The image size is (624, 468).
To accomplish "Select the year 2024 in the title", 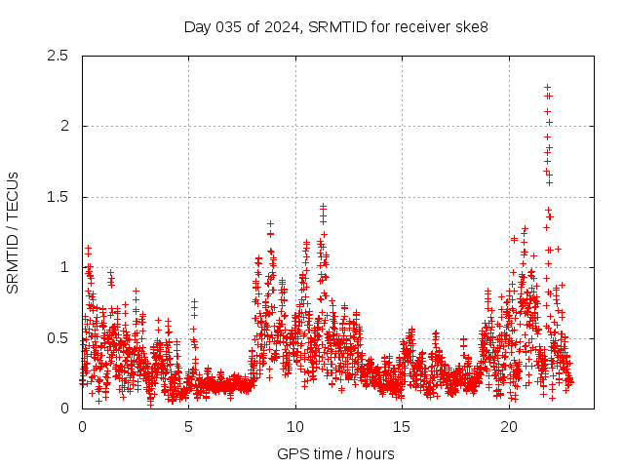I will tap(283, 26).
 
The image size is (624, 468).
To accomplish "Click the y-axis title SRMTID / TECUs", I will tap(14, 232).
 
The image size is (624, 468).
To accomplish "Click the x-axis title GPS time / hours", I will tap(335, 453).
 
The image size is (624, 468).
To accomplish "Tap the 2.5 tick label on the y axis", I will tap(60, 56).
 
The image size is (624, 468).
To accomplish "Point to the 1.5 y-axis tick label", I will tap(60, 197).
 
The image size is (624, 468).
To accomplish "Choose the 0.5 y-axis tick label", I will tap(60, 338).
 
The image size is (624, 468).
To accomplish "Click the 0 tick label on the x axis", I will tap(82, 427).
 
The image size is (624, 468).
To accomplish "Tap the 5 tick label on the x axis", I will tap(189, 427).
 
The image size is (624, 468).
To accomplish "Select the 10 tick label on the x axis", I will tap(295, 427).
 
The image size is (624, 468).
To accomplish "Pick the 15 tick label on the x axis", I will tap(403, 427).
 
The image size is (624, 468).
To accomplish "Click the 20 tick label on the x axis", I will tap(509, 427).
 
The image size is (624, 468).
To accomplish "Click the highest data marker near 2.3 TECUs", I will tap(548, 87).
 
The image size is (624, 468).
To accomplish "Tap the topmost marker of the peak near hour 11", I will tap(323, 207).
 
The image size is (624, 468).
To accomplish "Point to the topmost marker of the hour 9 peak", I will tap(270, 223).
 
